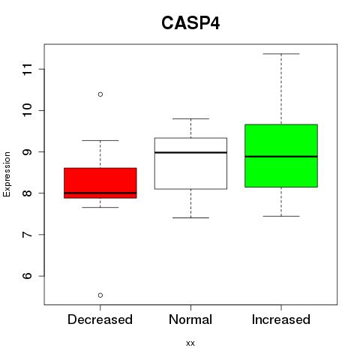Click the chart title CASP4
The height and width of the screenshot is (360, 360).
[x=190, y=23]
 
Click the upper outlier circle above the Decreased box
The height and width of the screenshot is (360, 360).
[x=100, y=94]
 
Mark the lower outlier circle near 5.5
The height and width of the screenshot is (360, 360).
[x=100, y=295]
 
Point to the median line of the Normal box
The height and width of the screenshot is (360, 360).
[x=190, y=152]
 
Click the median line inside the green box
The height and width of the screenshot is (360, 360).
[x=281, y=157]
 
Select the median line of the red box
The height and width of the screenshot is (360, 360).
[x=100, y=193]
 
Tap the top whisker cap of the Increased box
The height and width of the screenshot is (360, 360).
[x=281, y=54]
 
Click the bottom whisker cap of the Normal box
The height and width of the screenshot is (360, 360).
[x=190, y=217]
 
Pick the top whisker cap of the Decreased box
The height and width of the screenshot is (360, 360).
[x=100, y=140]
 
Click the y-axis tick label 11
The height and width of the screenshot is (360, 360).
[x=27, y=69]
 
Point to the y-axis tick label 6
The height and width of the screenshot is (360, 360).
[x=27, y=276]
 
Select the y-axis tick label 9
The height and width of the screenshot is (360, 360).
[x=27, y=151]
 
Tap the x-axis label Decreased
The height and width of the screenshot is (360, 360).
[x=100, y=319]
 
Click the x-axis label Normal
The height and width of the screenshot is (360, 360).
[x=190, y=319]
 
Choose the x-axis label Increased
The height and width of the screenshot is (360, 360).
[x=281, y=319]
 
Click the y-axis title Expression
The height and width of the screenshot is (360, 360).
[x=7, y=174]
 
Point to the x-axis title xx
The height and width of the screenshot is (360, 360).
[x=190, y=343]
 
